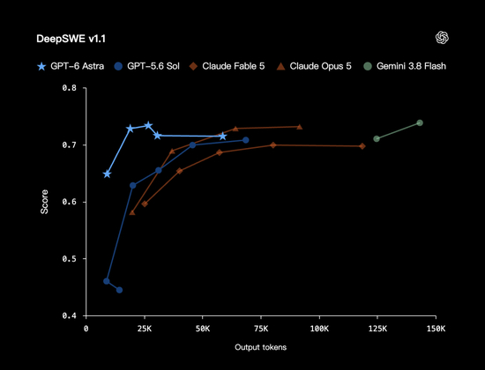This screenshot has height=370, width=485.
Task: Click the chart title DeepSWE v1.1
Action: (71, 39)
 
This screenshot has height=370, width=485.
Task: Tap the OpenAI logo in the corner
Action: (442, 38)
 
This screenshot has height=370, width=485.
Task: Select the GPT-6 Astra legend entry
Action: (71, 66)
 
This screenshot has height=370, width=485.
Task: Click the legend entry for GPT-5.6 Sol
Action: (146, 66)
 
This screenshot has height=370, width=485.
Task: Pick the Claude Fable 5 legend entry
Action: (227, 66)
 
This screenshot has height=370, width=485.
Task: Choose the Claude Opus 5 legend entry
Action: (314, 66)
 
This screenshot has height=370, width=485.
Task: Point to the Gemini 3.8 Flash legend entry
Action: (405, 66)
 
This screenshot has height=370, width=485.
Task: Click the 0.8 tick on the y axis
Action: (70, 88)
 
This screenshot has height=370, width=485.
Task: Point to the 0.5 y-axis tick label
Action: (70, 259)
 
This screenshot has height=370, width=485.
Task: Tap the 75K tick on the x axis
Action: (261, 329)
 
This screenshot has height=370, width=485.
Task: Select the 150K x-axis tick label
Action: (436, 329)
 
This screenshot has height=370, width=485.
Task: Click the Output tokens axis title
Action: (261, 347)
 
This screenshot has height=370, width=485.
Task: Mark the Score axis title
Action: (45, 202)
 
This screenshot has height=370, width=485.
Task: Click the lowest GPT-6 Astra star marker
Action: (107, 174)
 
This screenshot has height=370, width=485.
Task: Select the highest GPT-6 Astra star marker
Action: (148, 125)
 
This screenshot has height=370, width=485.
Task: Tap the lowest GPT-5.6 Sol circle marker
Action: (119, 290)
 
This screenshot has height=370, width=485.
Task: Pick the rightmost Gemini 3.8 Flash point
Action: (420, 122)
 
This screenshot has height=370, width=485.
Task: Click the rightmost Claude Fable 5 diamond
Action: (362, 146)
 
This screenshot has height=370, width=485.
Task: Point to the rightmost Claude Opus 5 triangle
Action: (300, 127)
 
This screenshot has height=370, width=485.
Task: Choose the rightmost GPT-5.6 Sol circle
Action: (246, 140)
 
